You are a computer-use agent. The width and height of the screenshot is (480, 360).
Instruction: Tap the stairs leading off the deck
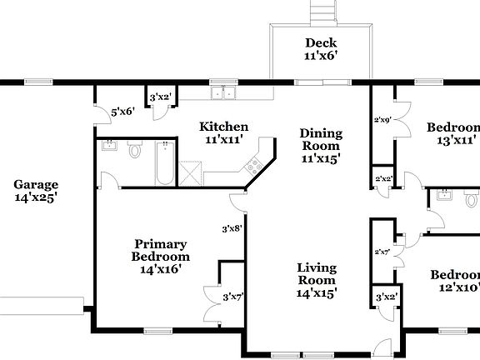coord(322,12)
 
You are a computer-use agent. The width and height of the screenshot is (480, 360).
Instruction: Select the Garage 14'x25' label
coord(35,191)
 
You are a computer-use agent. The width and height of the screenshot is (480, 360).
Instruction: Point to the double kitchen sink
coord(222,93)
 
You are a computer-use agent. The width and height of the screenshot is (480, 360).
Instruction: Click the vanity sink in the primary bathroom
coord(110,147)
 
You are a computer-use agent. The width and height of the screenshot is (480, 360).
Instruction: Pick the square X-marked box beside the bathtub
coord(191,173)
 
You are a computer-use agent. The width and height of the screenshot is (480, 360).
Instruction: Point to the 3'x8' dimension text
coord(231,227)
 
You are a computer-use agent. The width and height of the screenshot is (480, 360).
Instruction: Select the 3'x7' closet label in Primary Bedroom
coord(232,296)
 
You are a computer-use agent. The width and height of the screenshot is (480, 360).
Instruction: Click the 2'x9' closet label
coord(382,120)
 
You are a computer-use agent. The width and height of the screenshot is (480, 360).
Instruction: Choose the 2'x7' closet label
coord(382,251)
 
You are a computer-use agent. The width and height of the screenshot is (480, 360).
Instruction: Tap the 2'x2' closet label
coord(383,178)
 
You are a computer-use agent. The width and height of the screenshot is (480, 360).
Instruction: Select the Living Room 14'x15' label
coord(317,280)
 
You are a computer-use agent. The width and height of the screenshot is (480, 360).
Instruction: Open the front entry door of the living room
coord(382,347)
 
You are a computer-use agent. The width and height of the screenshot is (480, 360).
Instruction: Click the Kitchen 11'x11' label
coord(223,133)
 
